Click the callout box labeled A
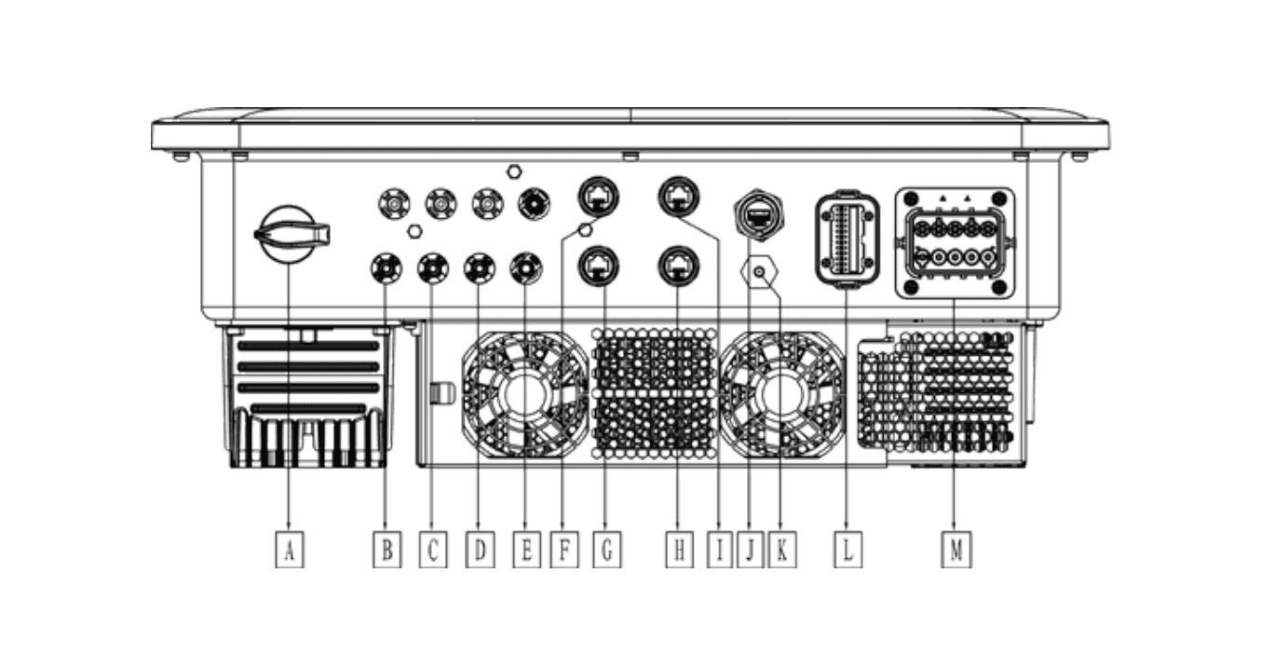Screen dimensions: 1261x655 (290, 549)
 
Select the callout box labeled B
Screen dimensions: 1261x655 (387, 549)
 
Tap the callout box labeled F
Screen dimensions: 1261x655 (564, 549)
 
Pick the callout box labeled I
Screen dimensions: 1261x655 (720, 549)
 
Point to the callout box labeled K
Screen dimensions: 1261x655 (782, 549)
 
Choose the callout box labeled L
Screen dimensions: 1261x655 (847, 549)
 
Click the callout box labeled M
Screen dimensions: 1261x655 (956, 549)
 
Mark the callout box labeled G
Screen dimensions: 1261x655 (607, 549)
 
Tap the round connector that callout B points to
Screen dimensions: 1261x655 (386, 268)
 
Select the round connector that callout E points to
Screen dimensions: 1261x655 (526, 268)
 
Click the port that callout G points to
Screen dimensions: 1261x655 (599, 266)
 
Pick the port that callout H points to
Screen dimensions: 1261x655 (679, 266)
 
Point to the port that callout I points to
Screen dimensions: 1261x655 (679, 197)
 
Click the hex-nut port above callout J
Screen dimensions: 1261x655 (759, 215)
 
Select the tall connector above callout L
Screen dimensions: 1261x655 (847, 240)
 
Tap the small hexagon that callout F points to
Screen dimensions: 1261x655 (586, 230)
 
